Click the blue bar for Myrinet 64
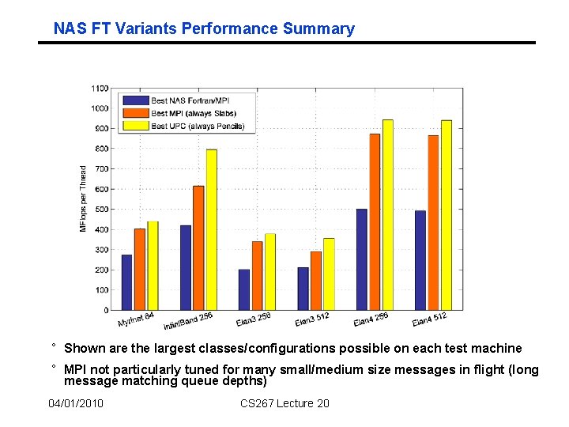(126, 282)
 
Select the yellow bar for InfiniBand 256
(211, 229)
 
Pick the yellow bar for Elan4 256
(387, 214)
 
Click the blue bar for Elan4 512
(420, 260)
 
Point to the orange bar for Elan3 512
(315, 281)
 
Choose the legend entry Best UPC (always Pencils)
(198, 126)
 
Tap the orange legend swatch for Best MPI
(134, 113)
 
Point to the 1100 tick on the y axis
(100, 88)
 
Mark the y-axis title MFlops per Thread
(83, 198)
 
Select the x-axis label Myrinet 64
(136, 319)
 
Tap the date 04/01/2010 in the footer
(76, 404)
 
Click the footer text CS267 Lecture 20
(284, 404)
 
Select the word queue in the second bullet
(205, 381)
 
